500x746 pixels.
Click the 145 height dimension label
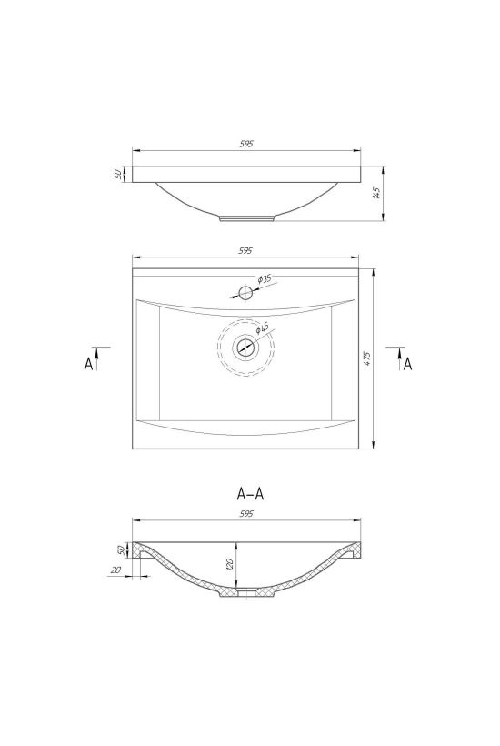point(378,193)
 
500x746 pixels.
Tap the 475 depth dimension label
point(367,358)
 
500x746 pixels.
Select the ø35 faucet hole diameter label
point(265,279)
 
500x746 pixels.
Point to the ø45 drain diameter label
point(262,328)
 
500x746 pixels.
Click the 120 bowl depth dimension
point(230,564)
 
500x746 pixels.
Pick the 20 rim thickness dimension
point(115,570)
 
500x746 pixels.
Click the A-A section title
point(250,494)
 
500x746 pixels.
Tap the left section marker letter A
point(89,364)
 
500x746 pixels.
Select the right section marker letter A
point(407,364)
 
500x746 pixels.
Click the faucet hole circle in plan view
point(245,293)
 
